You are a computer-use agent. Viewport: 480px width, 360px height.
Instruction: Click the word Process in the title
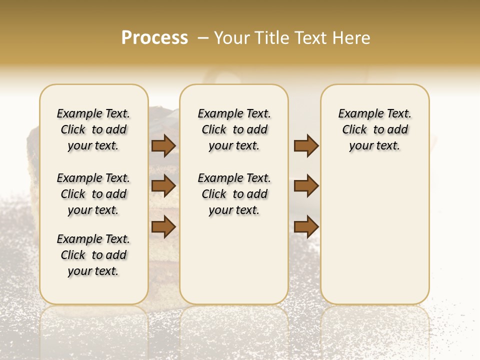pos(154,38)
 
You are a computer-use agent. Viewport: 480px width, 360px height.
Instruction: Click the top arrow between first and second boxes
pos(163,145)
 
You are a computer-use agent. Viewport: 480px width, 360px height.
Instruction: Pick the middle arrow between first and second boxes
pos(163,186)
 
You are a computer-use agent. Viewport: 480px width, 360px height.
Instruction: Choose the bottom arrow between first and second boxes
pos(163,226)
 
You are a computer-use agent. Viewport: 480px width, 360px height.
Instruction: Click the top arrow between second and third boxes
pos(306,145)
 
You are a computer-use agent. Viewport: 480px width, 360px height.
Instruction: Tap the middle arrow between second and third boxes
pos(306,186)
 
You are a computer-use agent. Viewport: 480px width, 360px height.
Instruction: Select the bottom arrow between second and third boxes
pos(306,226)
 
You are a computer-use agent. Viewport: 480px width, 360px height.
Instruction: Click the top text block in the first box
pos(93,129)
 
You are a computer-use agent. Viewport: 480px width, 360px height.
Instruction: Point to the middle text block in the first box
pos(93,194)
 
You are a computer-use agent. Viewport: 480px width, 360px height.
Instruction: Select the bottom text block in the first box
pos(93,255)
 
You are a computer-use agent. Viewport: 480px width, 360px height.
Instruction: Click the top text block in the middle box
pos(234,129)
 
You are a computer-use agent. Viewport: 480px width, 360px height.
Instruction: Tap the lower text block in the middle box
pos(234,194)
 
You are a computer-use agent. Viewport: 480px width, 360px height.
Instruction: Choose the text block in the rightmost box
pos(374,129)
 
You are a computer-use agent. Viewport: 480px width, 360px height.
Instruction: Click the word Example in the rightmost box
pos(357,114)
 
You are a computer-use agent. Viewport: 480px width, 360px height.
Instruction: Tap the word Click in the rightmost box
pos(354,130)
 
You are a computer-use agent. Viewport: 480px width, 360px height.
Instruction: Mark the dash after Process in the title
pos(203,38)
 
